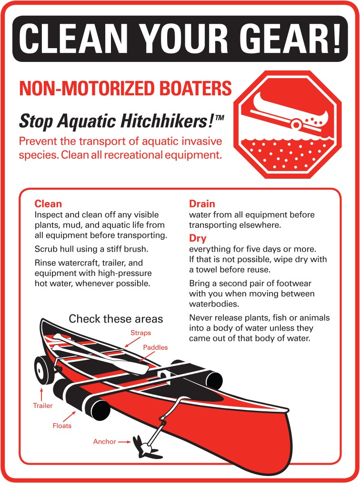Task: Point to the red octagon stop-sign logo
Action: pos(287,124)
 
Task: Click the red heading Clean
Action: pos(48,204)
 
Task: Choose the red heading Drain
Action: pos(202,204)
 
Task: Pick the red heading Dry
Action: pos(198,238)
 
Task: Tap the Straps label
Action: pos(140,333)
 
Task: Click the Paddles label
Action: pos(155,347)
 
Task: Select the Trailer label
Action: pos(43,406)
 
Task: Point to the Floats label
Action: pos(62,426)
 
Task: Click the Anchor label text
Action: pos(104,441)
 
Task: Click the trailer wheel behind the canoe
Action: pos(43,370)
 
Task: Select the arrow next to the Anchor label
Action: pos(124,442)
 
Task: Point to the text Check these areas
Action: pos(116,319)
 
